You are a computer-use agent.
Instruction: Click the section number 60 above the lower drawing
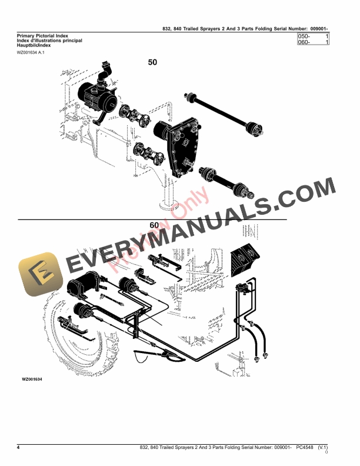(x=154, y=225)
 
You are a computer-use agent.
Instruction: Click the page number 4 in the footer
(x=19, y=448)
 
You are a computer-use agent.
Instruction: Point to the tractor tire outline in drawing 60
(x=53, y=329)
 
